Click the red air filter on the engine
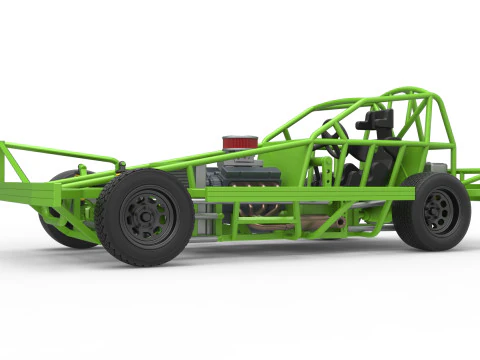coord(239,143)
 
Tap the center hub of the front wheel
coord(146,215)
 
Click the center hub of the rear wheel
coord(437,210)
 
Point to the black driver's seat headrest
coord(378,121)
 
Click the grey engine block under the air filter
coord(250,176)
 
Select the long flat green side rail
coord(300,193)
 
